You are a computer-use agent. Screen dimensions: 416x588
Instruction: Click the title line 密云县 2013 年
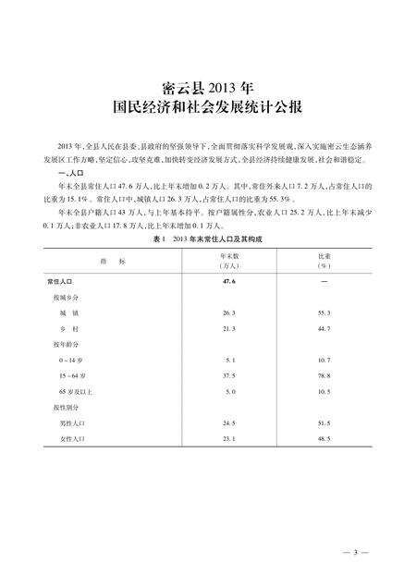[x=207, y=89]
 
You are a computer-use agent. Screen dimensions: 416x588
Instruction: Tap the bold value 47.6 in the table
[x=230, y=280]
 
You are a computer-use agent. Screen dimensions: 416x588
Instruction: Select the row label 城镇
[x=67, y=313]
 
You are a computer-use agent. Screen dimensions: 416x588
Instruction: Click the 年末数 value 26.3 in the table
[x=230, y=313]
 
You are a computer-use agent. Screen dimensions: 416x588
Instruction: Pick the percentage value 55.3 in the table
[x=326, y=313]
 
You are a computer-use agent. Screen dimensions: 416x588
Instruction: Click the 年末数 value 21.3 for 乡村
[x=230, y=328]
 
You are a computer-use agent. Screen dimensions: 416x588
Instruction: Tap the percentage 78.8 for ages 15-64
[x=326, y=376]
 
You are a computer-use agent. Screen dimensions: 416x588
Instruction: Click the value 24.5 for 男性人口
[x=230, y=423]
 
